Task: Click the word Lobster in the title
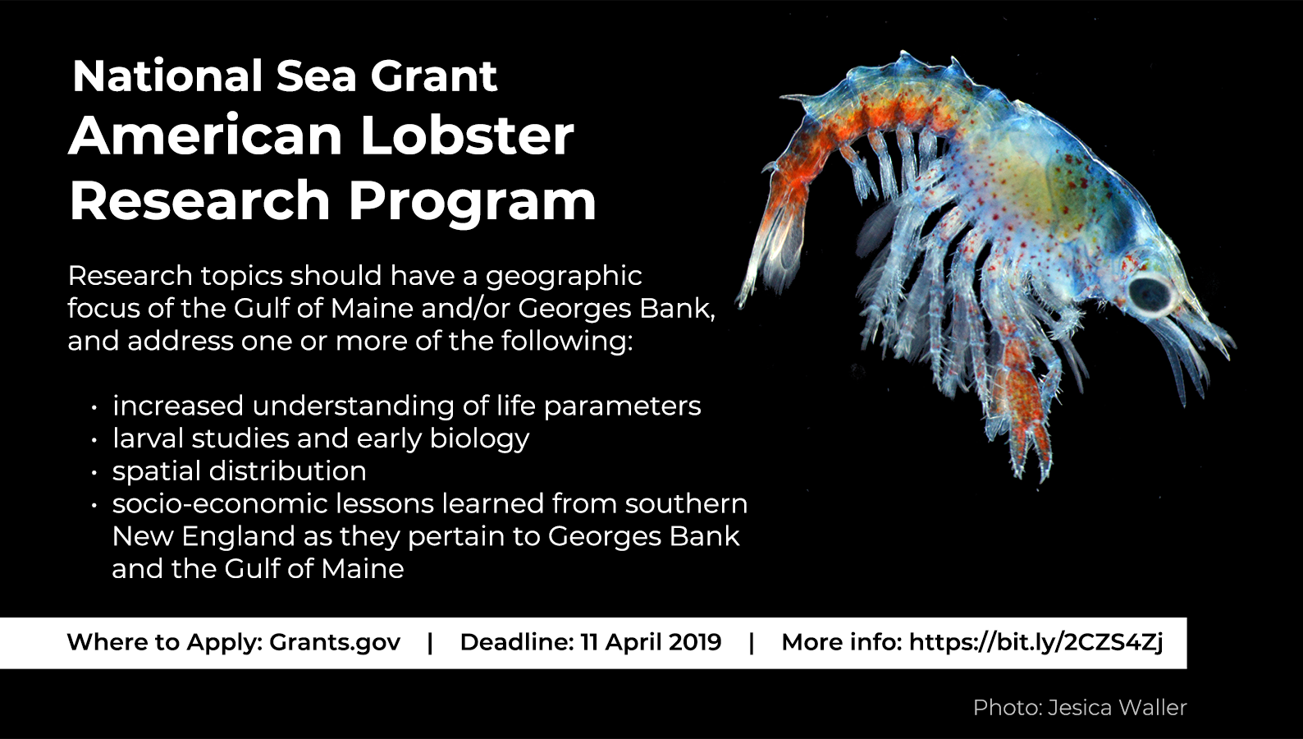click(x=467, y=136)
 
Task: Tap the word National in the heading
click(x=167, y=76)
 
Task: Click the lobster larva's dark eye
click(x=1151, y=293)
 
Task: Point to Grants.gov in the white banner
click(x=335, y=642)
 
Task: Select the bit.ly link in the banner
click(x=1036, y=642)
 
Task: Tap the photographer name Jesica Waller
click(x=1118, y=708)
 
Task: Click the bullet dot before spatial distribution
click(x=94, y=473)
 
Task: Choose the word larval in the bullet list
click(x=148, y=438)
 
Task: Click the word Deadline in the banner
click(x=517, y=642)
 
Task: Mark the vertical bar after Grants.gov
click(x=430, y=643)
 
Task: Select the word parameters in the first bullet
click(x=623, y=406)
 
